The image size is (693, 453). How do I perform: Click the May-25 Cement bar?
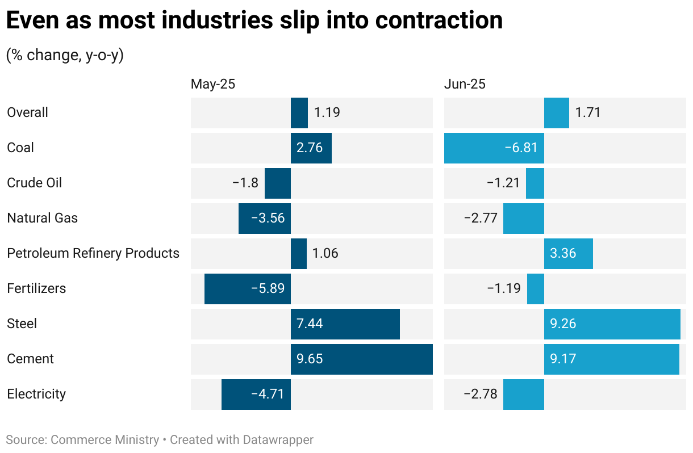coord(361,359)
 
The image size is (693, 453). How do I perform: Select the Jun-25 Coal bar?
coord(494,148)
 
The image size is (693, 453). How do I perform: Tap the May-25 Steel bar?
coord(345,324)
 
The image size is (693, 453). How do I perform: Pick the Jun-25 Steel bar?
coord(612,324)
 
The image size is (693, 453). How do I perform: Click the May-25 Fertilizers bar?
coord(247,288)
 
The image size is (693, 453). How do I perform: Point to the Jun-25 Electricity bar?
coord(523,394)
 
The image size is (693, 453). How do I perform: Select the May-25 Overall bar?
coord(299,112)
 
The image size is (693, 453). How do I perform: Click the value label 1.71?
coord(587,112)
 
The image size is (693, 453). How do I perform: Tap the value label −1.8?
coord(245,183)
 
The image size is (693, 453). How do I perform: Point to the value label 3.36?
coord(563,253)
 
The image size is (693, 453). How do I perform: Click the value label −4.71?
coord(267,394)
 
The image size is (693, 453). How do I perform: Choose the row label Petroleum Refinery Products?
coord(93,253)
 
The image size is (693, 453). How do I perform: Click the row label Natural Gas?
coord(42,218)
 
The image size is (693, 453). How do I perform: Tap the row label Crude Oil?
coord(34,183)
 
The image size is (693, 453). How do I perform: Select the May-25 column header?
coord(212,84)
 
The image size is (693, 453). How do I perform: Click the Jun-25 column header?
coord(465,84)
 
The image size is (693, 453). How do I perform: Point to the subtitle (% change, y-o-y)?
coord(65,55)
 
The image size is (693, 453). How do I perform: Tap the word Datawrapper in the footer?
coord(278,439)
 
